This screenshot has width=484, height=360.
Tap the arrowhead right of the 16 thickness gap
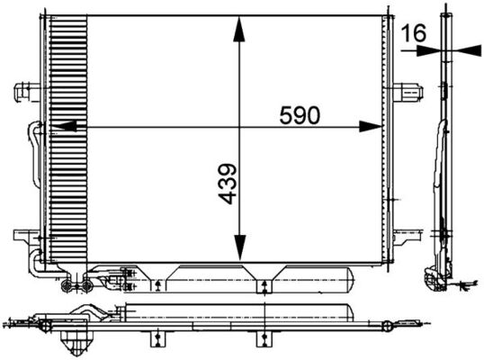(471, 51)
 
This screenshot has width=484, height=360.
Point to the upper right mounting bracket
(408, 89)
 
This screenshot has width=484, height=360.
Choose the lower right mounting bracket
(408, 237)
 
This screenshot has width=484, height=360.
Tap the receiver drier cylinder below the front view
(261, 277)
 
